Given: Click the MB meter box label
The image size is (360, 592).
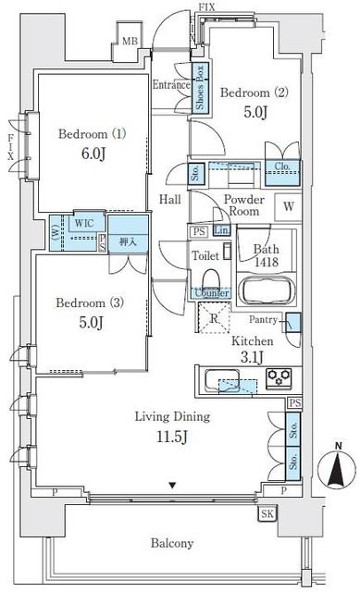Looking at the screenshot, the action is [x=130, y=41].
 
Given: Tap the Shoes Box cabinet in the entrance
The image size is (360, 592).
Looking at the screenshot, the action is [x=200, y=88].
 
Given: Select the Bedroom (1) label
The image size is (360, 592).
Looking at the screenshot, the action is [x=93, y=134].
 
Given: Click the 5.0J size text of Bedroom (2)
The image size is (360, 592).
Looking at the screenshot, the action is [x=255, y=112].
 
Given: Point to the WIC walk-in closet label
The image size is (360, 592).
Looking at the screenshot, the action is [x=84, y=223].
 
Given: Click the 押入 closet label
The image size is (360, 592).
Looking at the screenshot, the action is [x=128, y=241].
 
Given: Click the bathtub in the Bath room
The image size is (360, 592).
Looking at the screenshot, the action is [x=267, y=290].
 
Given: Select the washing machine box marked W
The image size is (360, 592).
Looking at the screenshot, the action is [x=288, y=206].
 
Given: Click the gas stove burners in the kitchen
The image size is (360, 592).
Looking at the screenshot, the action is [x=279, y=378].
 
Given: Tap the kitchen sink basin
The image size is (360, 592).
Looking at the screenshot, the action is [x=222, y=380].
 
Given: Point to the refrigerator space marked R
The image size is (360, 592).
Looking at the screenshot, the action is [x=214, y=318].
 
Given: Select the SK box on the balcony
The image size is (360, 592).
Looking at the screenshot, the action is [x=267, y=513].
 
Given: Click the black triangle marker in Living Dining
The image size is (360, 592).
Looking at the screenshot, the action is [x=172, y=486].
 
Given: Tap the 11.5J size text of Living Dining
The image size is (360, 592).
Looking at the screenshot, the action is [x=172, y=437].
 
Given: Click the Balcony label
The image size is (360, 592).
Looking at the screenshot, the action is [x=172, y=543].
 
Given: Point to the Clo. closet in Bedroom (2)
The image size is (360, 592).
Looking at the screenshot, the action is [x=282, y=173].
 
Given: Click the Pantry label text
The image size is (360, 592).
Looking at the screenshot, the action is [x=263, y=320].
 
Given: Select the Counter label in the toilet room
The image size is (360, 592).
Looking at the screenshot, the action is [x=212, y=293].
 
